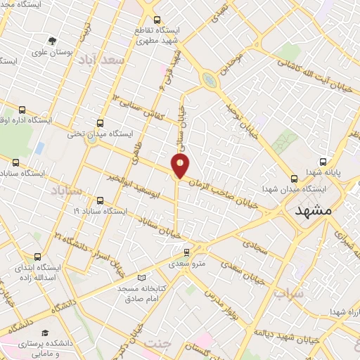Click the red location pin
pos(181,165)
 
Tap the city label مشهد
pos(313,211)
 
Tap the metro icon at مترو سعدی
pos(186,252)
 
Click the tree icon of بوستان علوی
pos(52,41)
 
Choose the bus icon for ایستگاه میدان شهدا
pos(294,178)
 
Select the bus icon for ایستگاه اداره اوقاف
pos(22,110)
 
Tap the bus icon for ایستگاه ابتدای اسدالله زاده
pos(36,257)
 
